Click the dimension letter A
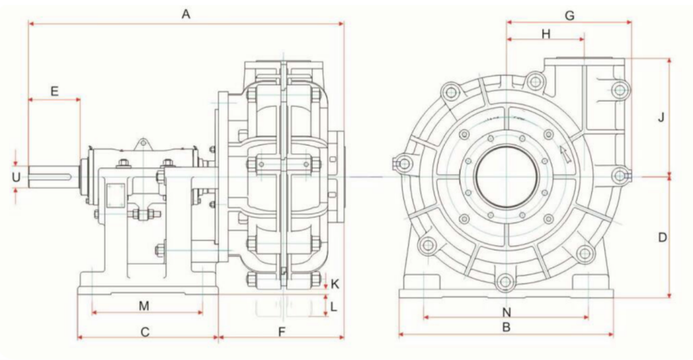pyautogui.click(x=185, y=15)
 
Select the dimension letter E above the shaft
pyautogui.click(x=54, y=91)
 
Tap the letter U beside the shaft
pyautogui.click(x=16, y=177)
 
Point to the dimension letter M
pyautogui.click(x=144, y=306)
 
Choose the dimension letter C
pyautogui.click(x=145, y=332)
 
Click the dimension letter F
pyautogui.click(x=282, y=332)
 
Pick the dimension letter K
pyautogui.click(x=335, y=284)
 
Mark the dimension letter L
pyautogui.click(x=334, y=306)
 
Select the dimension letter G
pyautogui.click(x=570, y=16)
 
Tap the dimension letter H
pyautogui.click(x=546, y=34)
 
